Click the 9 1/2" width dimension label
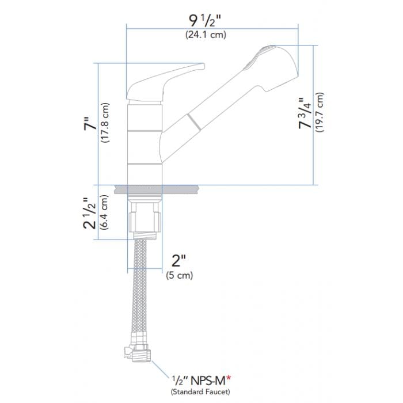[205, 21]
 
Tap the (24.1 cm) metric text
[205, 35]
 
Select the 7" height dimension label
[88, 126]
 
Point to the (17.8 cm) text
[105, 126]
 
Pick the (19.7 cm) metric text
[321, 113]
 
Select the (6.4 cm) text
[104, 212]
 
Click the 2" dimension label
[178, 262]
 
